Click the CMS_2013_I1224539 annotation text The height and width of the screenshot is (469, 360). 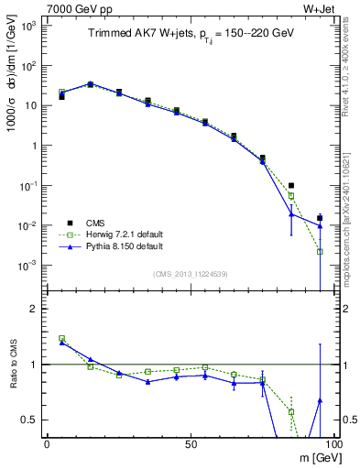tap(191, 273)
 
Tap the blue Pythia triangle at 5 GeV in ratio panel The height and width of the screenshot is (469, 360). tap(61, 343)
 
